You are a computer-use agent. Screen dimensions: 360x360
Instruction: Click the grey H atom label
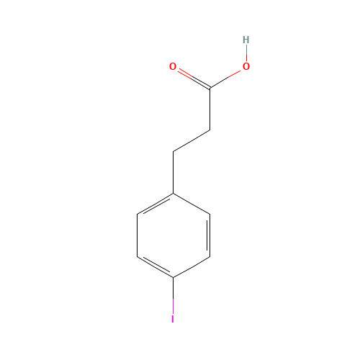click(246, 40)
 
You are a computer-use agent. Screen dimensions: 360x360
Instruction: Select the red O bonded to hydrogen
click(246, 67)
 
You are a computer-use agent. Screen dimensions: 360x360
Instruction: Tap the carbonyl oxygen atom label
click(173, 67)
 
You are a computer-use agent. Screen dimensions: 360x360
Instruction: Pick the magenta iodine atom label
click(173, 318)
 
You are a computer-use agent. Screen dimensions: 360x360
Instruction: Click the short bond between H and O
click(246, 53)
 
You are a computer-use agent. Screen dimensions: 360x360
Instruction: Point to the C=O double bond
click(193, 78)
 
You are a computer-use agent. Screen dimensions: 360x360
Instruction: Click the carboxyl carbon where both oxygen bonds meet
click(210, 89)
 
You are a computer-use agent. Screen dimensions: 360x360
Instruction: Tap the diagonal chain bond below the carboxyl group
click(192, 141)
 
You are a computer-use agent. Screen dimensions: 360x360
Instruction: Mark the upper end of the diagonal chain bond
click(210, 130)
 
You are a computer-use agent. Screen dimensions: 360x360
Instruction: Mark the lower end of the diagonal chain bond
click(174, 151)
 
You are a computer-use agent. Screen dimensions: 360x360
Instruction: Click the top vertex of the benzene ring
click(174, 193)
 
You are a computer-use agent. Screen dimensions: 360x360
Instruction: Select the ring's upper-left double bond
click(155, 204)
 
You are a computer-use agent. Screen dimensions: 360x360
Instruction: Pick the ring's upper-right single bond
click(192, 204)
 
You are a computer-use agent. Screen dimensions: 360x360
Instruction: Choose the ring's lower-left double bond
click(155, 266)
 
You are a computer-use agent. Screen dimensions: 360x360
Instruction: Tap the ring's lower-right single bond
click(192, 266)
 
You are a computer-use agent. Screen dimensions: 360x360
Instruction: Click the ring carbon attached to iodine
click(174, 277)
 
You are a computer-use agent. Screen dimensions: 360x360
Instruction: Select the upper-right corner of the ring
click(210, 214)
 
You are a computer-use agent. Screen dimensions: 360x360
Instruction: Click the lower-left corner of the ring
click(138, 256)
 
